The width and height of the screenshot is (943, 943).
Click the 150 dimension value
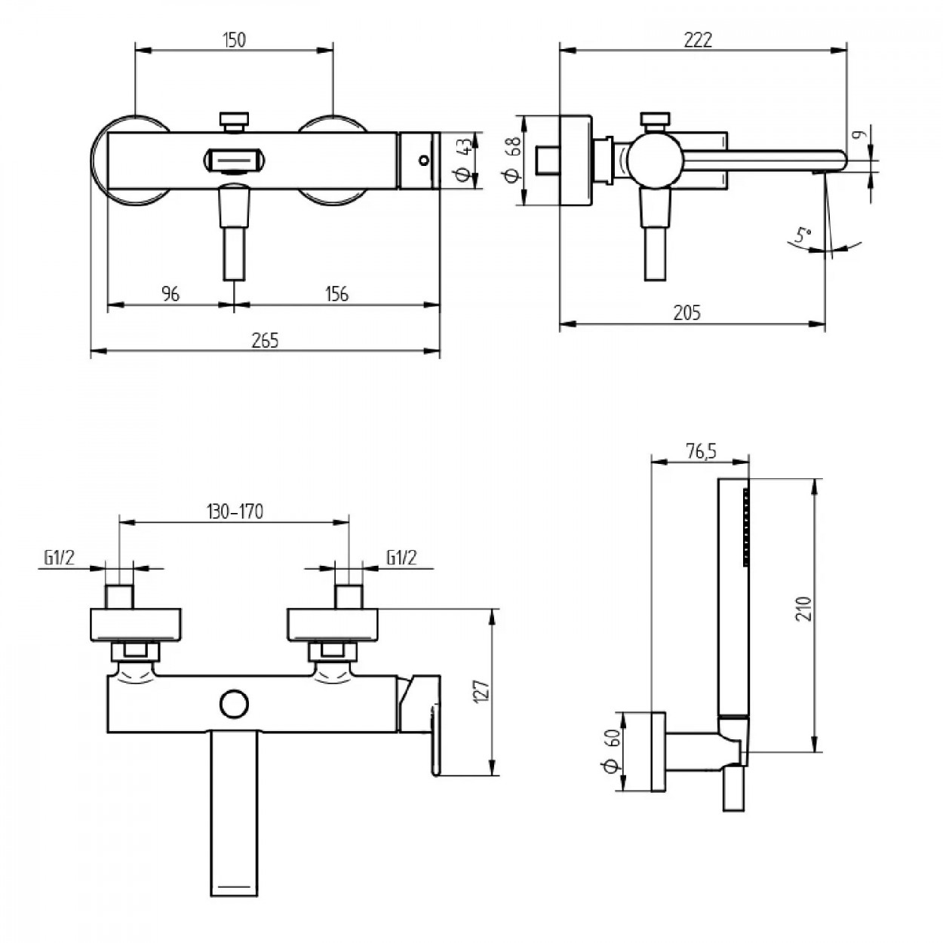235,40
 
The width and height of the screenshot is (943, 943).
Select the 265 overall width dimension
265,340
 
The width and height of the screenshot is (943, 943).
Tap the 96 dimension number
171,293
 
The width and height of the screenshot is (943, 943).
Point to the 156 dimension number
336,293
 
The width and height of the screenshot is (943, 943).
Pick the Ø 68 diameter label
512,160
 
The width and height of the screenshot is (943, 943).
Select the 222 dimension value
698,40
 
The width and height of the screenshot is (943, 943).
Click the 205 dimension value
687,312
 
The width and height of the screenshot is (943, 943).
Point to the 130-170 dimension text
235,511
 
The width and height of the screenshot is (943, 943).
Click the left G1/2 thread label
59,558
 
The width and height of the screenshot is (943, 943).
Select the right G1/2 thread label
401,558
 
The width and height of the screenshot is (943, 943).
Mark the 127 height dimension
484,692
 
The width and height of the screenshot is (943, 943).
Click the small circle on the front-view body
234,704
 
